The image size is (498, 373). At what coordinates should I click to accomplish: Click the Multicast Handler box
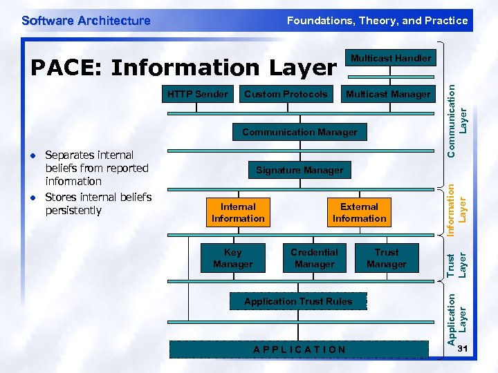click(x=390, y=58)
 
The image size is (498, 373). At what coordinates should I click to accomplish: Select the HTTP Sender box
click(x=198, y=94)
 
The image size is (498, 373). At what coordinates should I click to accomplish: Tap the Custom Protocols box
click(x=286, y=94)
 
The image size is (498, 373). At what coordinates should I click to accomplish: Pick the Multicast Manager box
click(x=388, y=94)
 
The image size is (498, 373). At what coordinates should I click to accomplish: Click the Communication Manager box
click(x=299, y=132)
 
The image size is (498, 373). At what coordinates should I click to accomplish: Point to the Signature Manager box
click(x=299, y=170)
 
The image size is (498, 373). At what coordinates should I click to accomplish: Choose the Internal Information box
click(x=238, y=213)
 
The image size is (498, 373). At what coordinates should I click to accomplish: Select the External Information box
click(x=359, y=213)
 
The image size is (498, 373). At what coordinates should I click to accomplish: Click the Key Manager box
click(x=233, y=258)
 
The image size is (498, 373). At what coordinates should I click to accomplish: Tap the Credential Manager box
click(x=314, y=258)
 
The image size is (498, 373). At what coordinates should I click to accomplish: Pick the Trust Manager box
click(x=387, y=258)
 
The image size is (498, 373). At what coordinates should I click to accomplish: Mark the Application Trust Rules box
click(x=298, y=301)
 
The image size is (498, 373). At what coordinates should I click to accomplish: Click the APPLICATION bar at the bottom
click(x=299, y=350)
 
